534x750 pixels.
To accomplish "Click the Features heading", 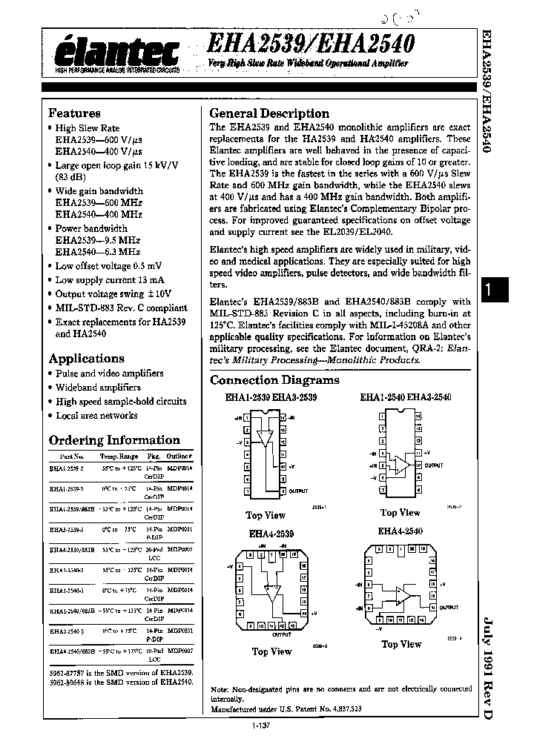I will coord(74,113).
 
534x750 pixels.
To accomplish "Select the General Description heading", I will coord(269,113).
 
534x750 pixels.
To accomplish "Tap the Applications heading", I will coord(86,359).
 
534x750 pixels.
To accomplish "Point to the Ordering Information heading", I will coord(114,440).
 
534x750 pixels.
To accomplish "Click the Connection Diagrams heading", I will coord(274,380).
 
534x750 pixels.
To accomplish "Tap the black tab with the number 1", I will coord(489,293).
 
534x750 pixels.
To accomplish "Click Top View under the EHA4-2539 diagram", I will coord(271,651).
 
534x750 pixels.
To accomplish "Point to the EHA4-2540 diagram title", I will coord(400,531).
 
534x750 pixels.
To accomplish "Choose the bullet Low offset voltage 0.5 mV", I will coord(109,265).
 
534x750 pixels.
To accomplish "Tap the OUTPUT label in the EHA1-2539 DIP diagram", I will coord(299,491).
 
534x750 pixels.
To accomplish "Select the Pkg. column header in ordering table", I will coord(154,458).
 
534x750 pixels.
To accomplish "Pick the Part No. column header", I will coord(72,458).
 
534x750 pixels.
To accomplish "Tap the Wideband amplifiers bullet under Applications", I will coord(98,388).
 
